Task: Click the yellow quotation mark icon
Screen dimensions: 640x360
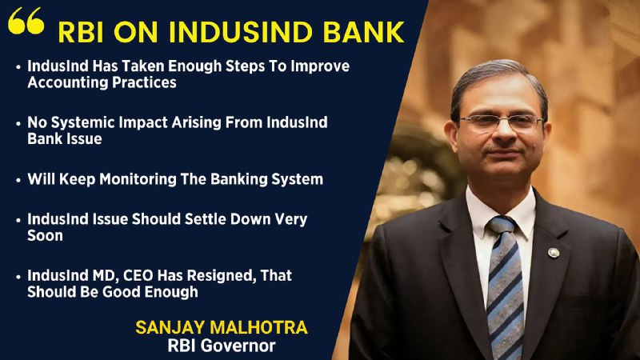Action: click(26, 21)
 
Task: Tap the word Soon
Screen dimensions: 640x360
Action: click(45, 236)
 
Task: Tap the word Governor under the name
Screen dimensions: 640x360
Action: click(238, 346)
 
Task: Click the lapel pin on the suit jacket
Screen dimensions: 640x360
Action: click(554, 253)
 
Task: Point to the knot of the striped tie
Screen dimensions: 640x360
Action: click(502, 225)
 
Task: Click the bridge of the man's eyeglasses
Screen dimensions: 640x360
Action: click(502, 119)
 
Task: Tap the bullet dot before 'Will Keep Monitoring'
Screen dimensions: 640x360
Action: click(18, 179)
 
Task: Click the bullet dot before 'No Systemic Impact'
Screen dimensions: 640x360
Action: click(18, 123)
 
